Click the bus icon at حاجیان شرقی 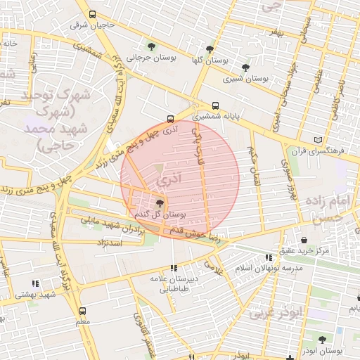(x=92, y=14)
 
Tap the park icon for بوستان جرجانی (x=151, y=47)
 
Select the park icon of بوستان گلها (x=210, y=49)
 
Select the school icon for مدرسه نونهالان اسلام (x=268, y=258)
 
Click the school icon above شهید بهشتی (x=35, y=283)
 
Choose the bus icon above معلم (x=83, y=311)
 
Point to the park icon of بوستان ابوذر (x=325, y=339)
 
